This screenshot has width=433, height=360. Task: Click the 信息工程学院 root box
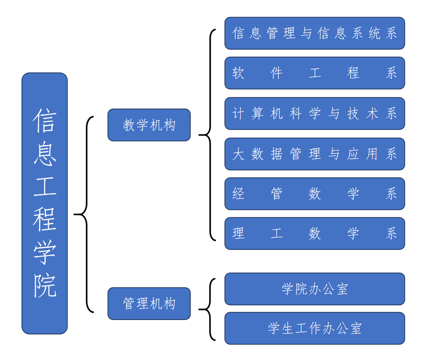(x=44, y=203)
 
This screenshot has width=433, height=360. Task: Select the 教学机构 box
(x=149, y=125)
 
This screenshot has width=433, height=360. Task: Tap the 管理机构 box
(x=149, y=303)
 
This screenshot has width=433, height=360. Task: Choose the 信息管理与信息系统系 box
(x=314, y=33)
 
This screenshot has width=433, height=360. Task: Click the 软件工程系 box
(x=314, y=73)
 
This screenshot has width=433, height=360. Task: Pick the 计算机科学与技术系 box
(x=314, y=113)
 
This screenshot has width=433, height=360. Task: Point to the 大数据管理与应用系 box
(x=314, y=154)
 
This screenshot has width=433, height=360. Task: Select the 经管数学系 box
(x=314, y=194)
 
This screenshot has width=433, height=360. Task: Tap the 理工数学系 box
(x=314, y=234)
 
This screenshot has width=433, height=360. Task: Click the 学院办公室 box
(x=314, y=289)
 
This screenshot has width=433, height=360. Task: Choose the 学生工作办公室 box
(x=314, y=328)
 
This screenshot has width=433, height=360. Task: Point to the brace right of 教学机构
(x=208, y=135)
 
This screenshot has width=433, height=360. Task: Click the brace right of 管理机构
(x=208, y=309)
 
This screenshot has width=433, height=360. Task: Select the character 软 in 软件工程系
(x=238, y=73)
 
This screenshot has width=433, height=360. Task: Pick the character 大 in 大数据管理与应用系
(x=238, y=154)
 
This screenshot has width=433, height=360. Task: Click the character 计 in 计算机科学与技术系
(x=238, y=113)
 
